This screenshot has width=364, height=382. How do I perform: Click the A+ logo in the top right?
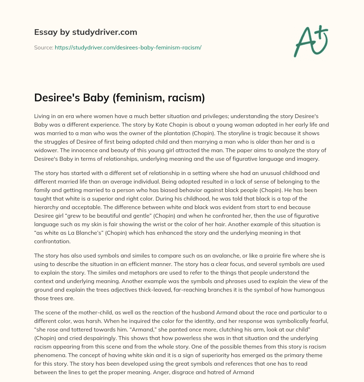311,41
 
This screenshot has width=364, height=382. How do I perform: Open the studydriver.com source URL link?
128,47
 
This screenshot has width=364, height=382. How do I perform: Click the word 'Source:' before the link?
43,47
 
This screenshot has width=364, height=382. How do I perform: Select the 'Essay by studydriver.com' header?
85,32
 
